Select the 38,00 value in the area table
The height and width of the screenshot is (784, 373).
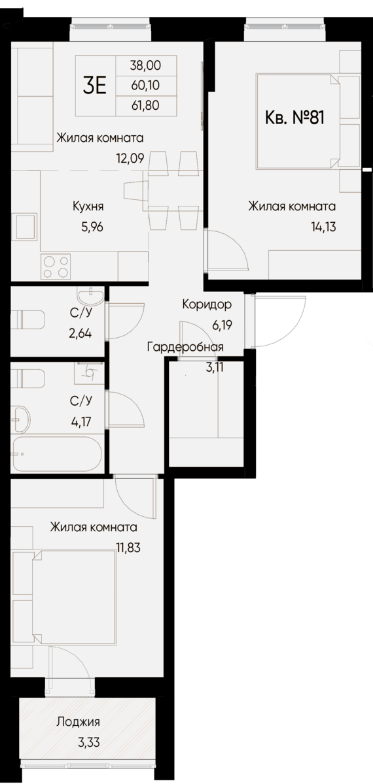(145, 66)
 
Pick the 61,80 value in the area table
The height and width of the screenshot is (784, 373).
(145, 104)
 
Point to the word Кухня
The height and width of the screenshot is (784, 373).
(88, 207)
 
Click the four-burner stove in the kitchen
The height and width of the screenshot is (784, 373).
(56, 266)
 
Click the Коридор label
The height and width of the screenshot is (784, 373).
(206, 305)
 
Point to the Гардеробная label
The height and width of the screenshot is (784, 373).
(186, 347)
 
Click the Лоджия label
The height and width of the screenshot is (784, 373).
(79, 722)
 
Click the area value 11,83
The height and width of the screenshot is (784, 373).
(129, 548)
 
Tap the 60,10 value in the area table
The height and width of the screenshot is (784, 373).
(145, 85)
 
